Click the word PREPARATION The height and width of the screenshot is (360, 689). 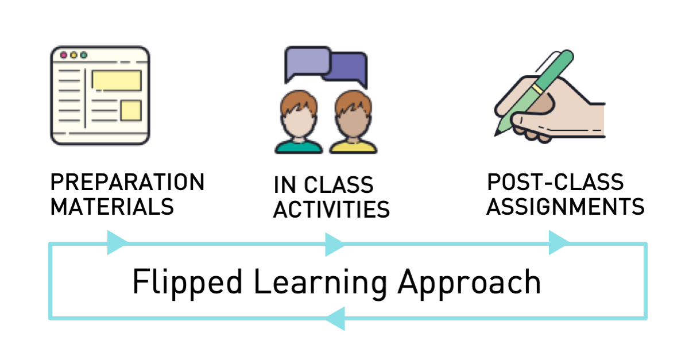(x=127, y=182)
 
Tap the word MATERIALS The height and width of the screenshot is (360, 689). (x=112, y=207)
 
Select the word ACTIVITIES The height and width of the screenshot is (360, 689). (x=331, y=209)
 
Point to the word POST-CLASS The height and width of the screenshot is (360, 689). (x=555, y=181)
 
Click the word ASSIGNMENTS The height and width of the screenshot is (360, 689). (x=566, y=207)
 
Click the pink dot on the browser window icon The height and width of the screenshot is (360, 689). (x=64, y=55)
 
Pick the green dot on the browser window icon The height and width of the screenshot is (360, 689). (x=84, y=55)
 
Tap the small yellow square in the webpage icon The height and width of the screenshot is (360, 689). (x=131, y=110)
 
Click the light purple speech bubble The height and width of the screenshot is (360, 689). (x=308, y=61)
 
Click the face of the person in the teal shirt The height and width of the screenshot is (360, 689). (x=299, y=122)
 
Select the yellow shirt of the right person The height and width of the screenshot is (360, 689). (x=353, y=147)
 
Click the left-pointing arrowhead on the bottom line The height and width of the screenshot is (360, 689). (x=335, y=319)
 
